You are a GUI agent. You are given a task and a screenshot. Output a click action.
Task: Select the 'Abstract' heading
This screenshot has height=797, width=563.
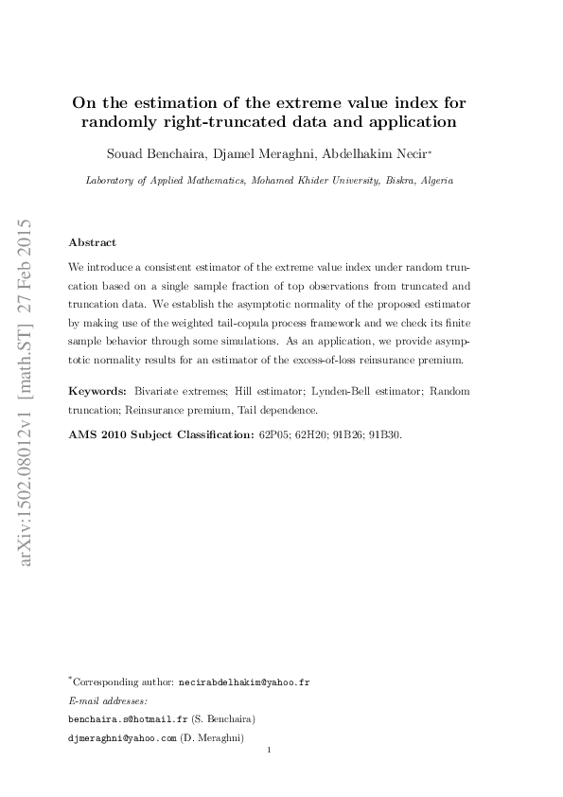(93, 242)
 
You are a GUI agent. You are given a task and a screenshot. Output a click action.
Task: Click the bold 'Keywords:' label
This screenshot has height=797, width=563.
(99, 390)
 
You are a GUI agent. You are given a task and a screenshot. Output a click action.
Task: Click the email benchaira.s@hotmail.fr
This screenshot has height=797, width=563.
(123, 718)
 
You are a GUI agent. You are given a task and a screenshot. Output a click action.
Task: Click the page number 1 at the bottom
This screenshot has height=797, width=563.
(271, 752)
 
